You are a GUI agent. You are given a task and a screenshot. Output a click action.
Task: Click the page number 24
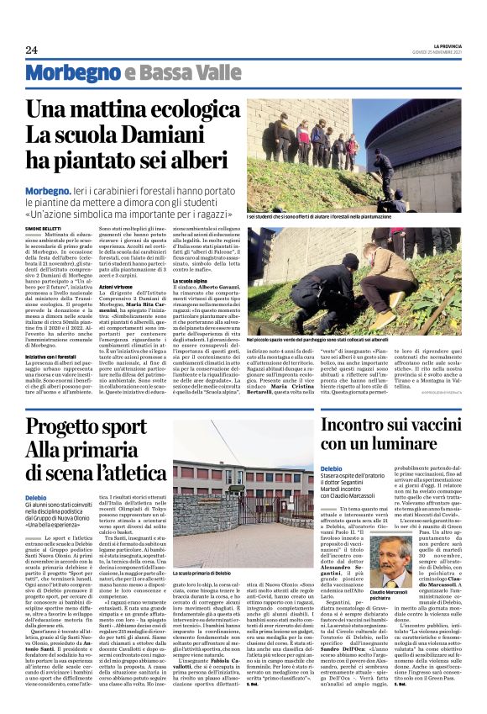(x=31, y=50)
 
